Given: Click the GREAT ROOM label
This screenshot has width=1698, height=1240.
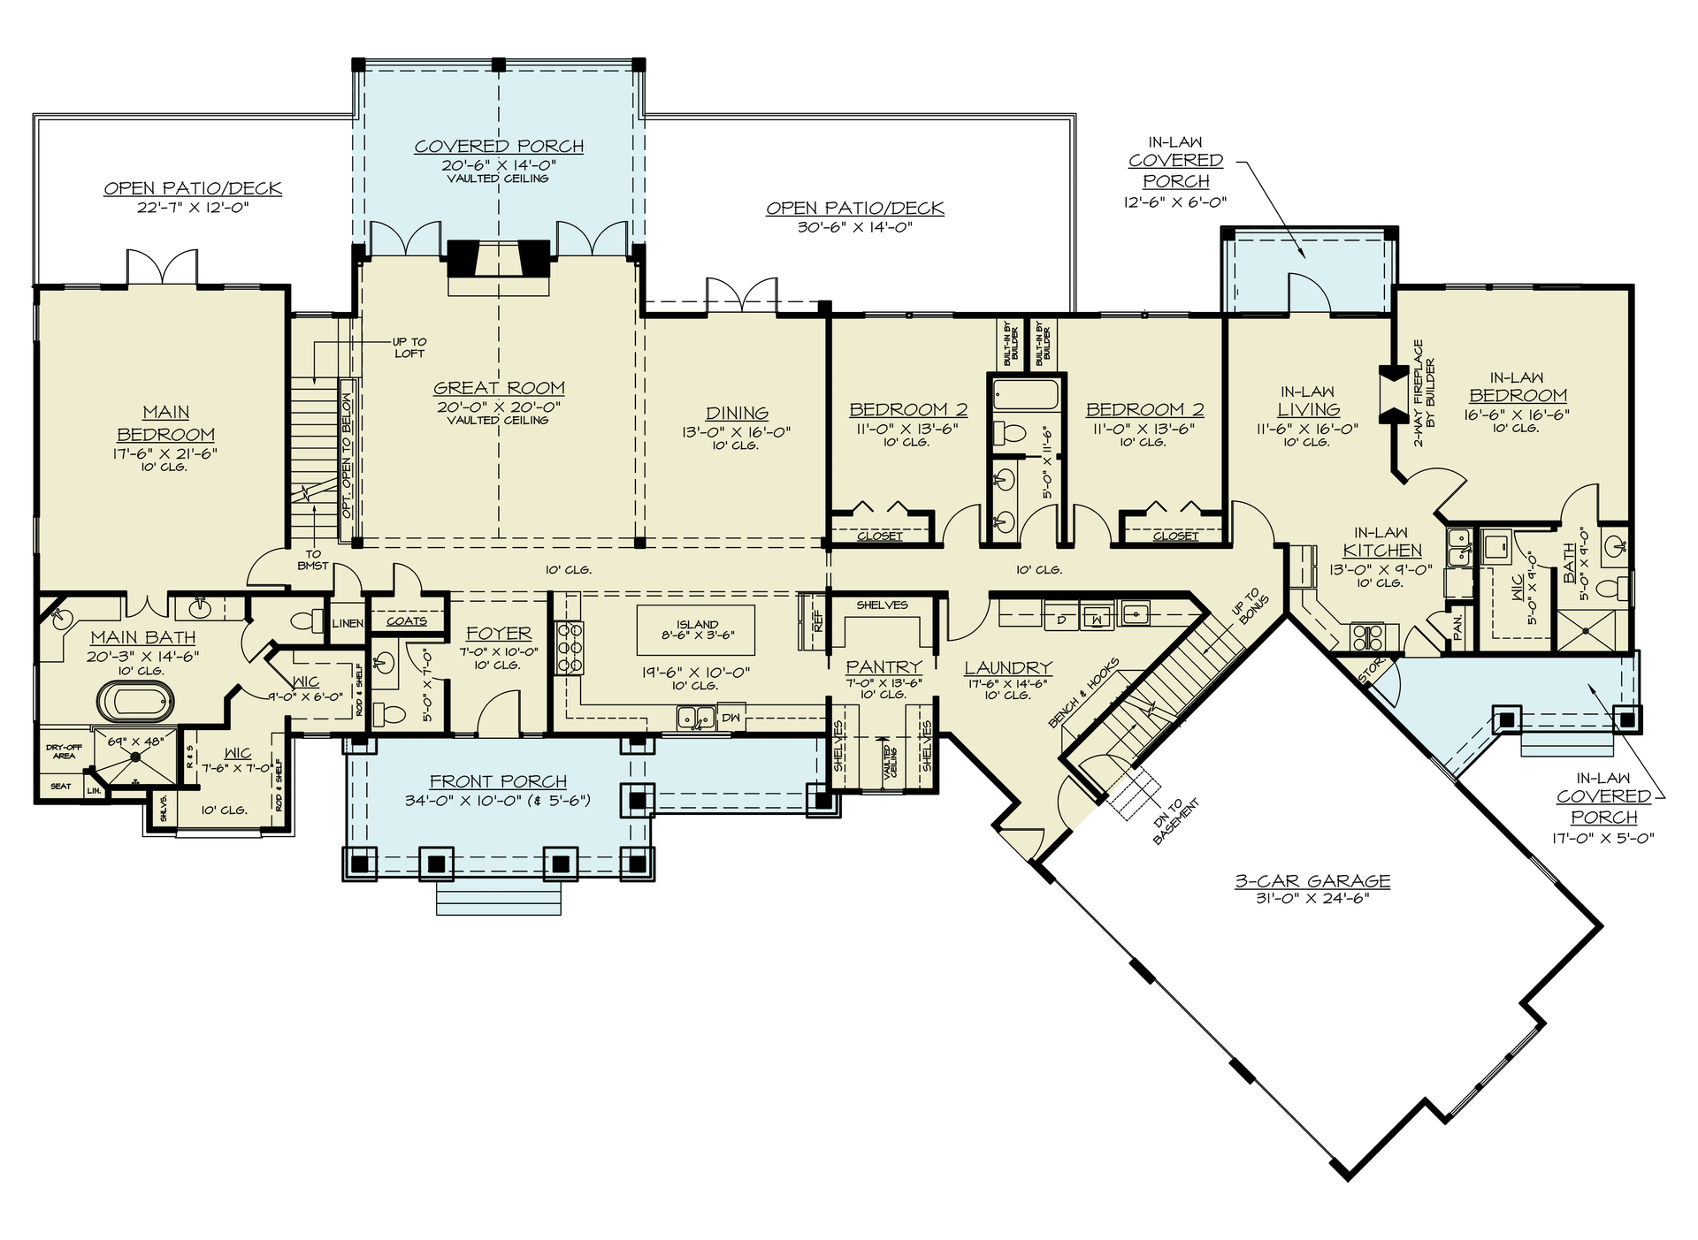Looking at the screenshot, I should click(499, 388).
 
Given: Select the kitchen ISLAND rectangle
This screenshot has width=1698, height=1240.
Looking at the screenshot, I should click(696, 629).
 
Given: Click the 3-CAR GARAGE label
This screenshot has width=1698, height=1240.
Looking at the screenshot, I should click(1312, 881).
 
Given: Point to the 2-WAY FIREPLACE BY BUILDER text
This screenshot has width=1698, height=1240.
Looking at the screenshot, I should click(1423, 392).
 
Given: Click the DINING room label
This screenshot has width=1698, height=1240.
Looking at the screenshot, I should click(737, 413).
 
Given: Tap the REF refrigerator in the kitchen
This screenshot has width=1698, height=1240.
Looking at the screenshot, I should click(817, 621).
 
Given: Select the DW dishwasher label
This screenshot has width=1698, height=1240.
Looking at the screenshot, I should click(730, 717).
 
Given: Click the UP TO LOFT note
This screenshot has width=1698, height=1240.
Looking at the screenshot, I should click(409, 347).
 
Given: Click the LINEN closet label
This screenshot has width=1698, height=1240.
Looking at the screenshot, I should click(348, 623).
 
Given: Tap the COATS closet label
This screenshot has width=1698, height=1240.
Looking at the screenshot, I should click(407, 621).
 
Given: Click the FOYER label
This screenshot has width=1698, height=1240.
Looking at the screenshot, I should click(499, 634).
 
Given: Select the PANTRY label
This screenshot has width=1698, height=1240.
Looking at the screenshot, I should click(883, 667).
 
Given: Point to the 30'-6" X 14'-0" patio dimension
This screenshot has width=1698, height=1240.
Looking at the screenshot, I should click(854, 227).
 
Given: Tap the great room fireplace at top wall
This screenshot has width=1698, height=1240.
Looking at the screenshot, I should click(499, 260).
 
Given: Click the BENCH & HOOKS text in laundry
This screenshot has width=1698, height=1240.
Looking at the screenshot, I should click(1083, 694).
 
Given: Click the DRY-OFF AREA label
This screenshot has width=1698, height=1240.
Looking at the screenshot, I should click(64, 751).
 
